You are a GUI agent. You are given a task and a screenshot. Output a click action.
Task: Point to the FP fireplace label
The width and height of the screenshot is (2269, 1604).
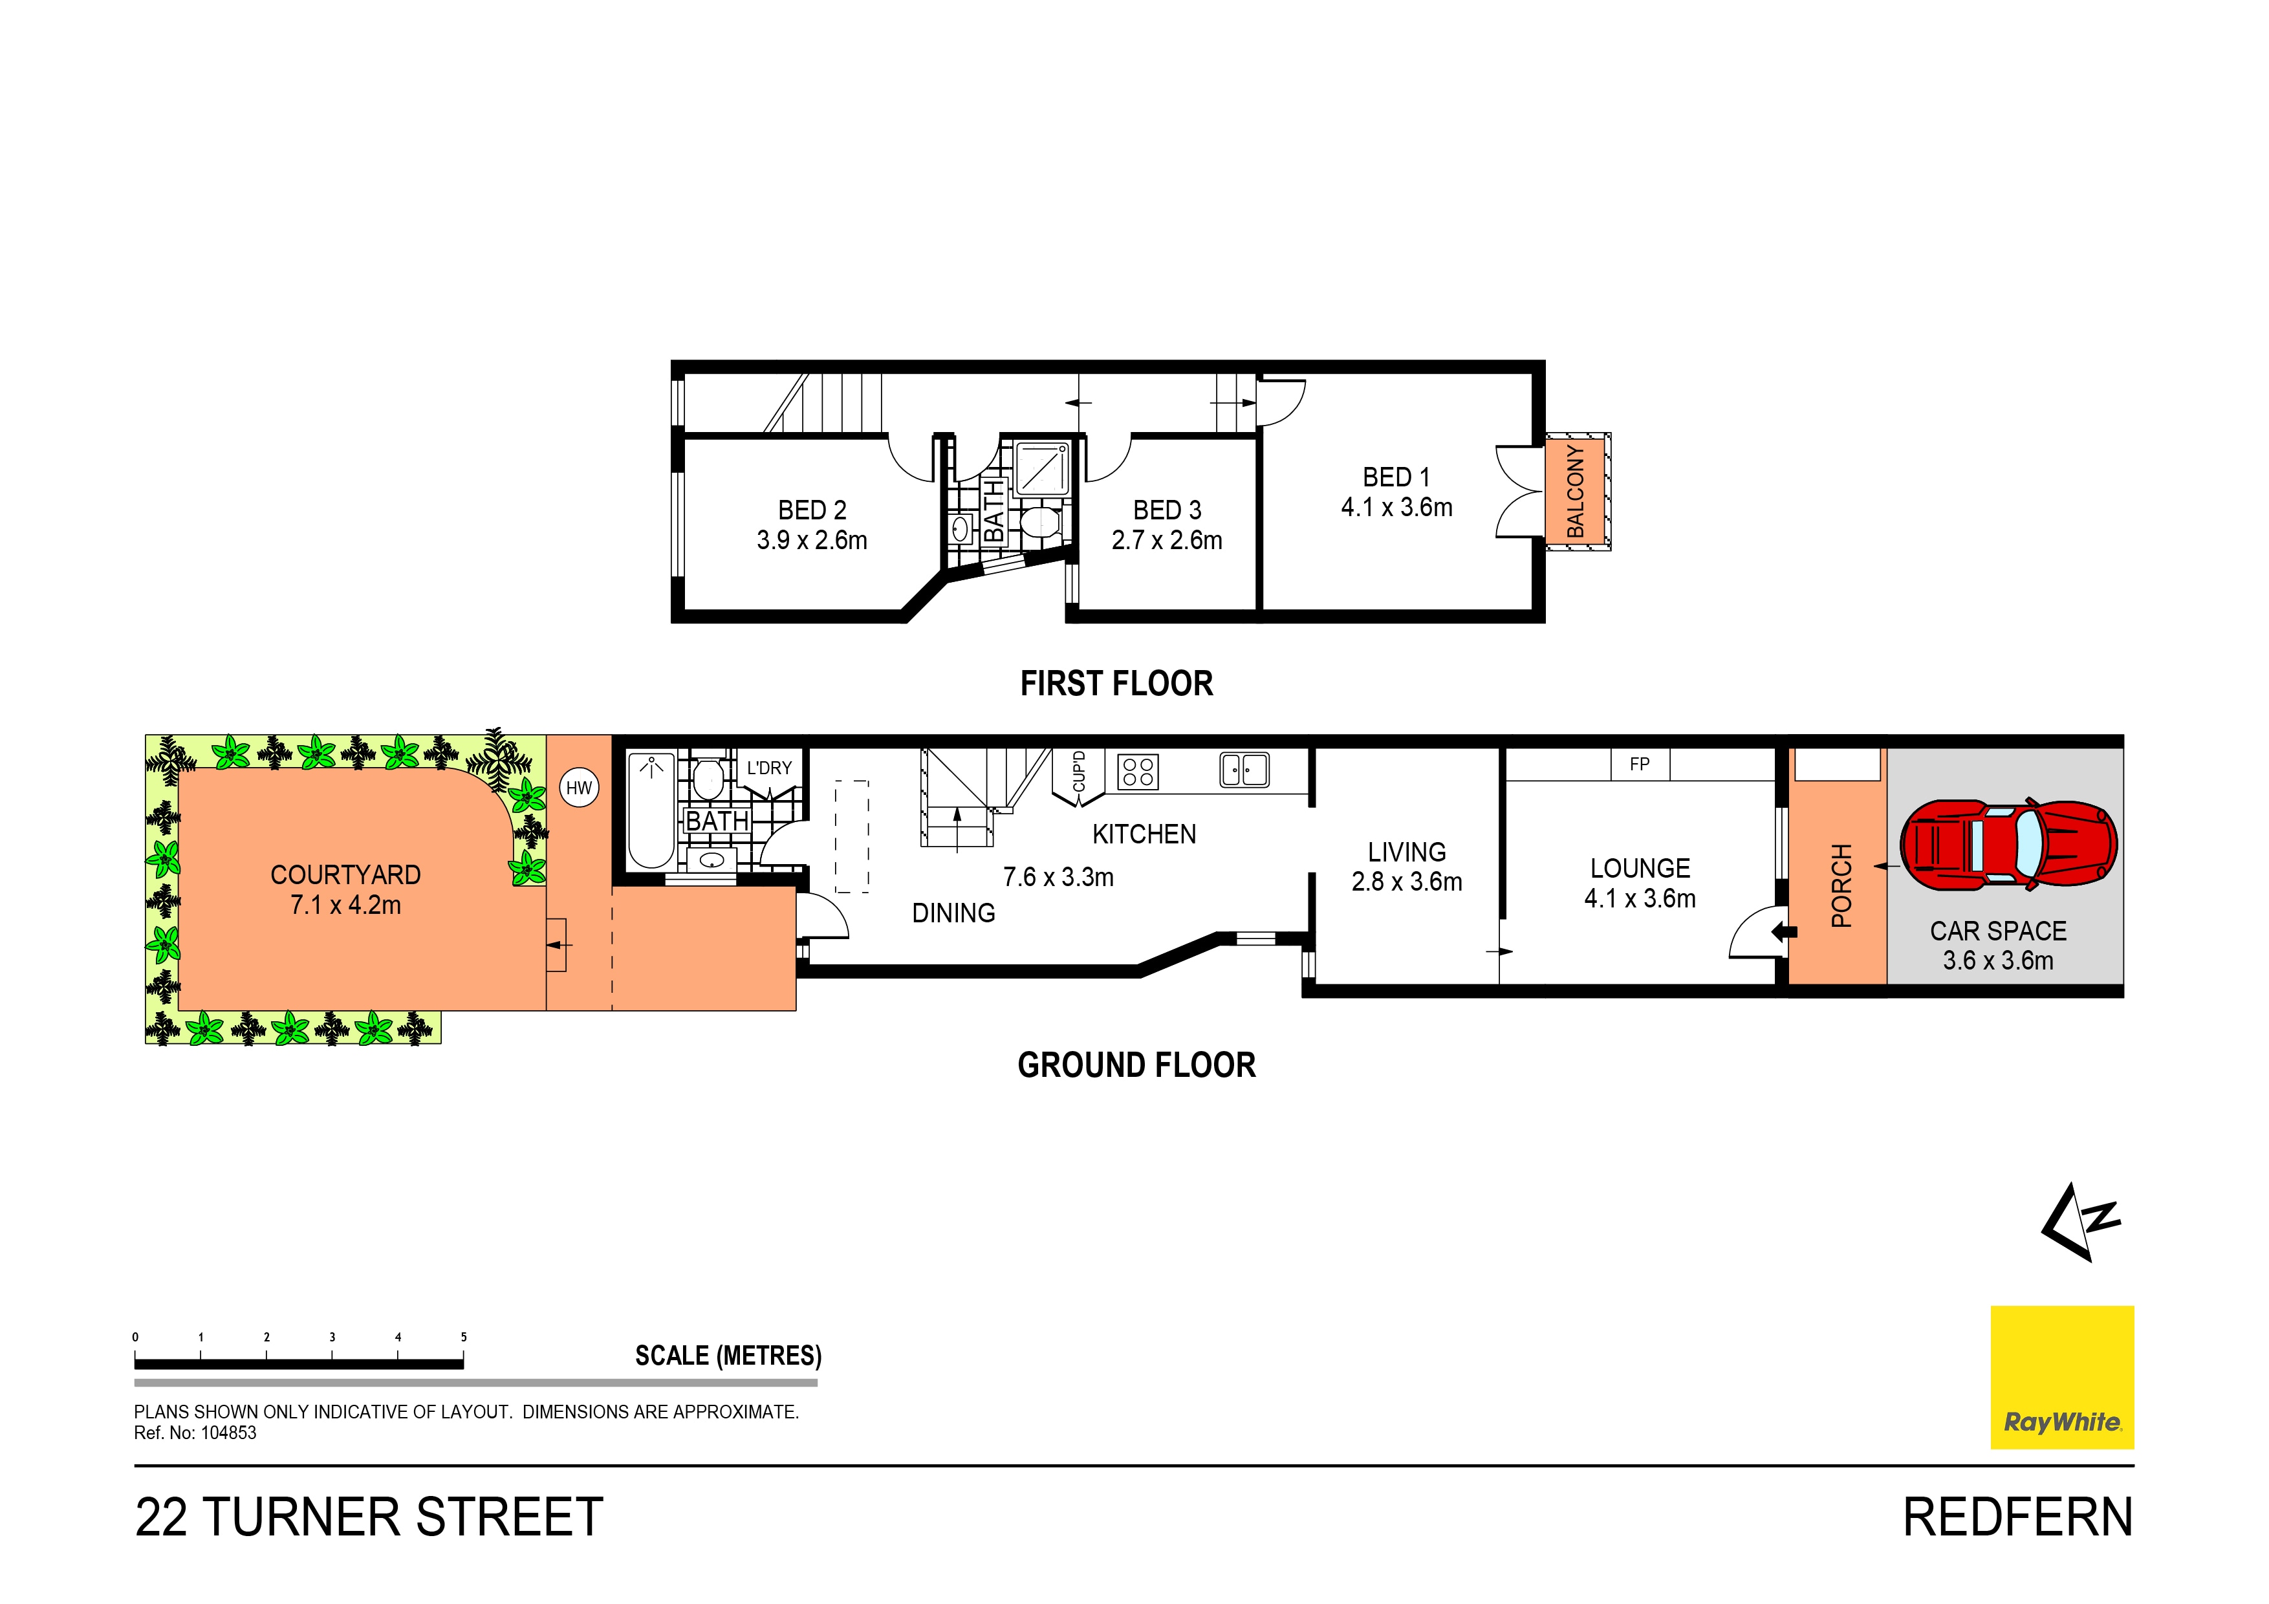point(1640,764)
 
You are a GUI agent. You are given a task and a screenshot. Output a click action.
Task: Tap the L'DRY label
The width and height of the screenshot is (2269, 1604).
point(769,768)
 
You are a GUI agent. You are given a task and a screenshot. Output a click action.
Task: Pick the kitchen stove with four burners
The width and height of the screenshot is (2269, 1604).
point(1138,771)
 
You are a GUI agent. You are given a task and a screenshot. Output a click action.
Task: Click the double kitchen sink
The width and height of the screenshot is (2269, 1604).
point(1244,769)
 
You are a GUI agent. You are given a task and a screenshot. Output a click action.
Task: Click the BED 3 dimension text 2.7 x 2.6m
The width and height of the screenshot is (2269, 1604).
point(1166,541)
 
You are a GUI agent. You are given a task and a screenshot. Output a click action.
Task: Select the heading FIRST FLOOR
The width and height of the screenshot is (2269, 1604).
point(1116,684)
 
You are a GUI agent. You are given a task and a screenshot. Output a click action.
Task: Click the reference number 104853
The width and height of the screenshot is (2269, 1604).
point(228,1433)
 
